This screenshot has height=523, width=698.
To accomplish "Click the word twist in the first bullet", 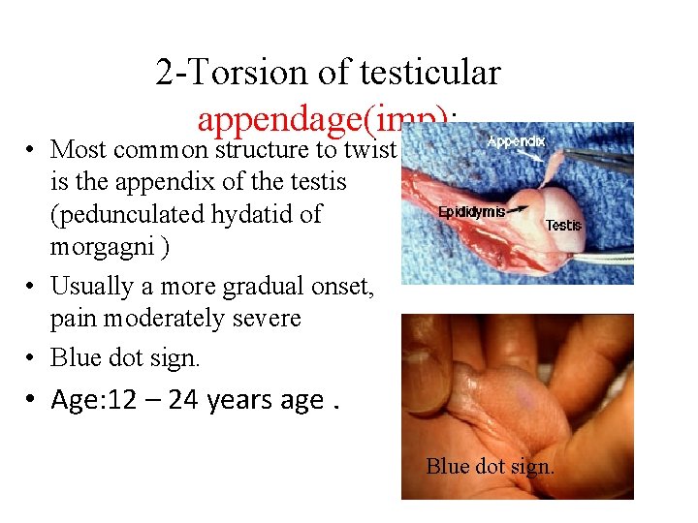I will click(x=370, y=149).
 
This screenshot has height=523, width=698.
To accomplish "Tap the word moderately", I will click(x=154, y=318).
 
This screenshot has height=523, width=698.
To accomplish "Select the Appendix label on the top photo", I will click(x=516, y=140).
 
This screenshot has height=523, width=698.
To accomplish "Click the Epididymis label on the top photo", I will click(x=471, y=211).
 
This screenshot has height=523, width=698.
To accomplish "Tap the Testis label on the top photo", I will click(x=563, y=225).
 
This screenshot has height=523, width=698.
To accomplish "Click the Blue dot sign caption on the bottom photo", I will click(x=490, y=467).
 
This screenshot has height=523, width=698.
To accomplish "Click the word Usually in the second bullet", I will click(x=89, y=286).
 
